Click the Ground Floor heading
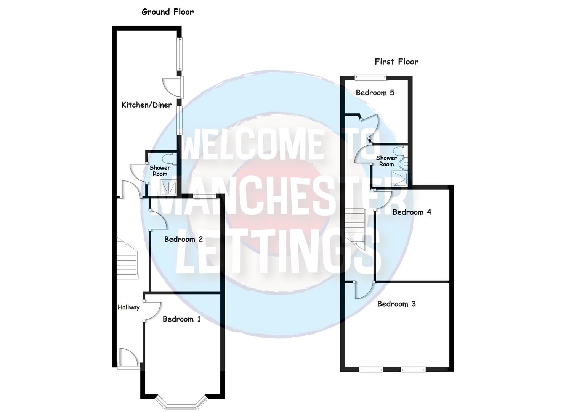[168, 12]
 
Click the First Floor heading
[396, 62]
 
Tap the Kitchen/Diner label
[147, 105]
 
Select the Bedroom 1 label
[181, 319]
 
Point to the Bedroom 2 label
[183, 240]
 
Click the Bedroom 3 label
[396, 304]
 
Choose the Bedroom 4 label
[412, 212]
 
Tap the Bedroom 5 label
[375, 93]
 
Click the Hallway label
[128, 307]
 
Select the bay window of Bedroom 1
[183, 403]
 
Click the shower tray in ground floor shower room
[168, 187]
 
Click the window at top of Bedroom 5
[370, 78]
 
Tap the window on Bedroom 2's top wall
[205, 196]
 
